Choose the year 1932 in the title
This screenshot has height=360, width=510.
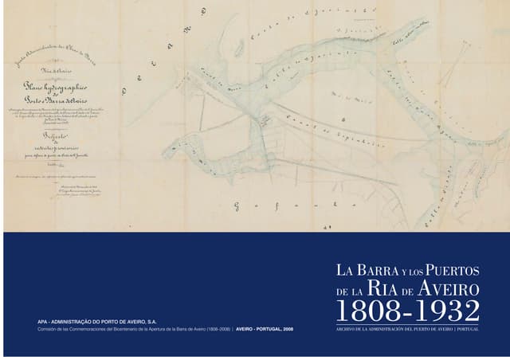coord(446,310)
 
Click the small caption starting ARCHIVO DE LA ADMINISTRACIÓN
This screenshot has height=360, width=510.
coord(408,329)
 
